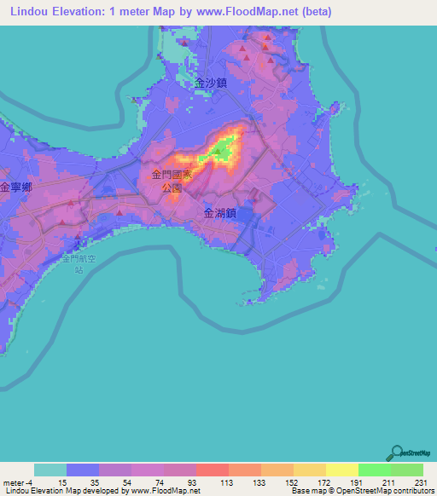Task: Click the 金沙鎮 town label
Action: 210,84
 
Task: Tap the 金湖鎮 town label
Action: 220,216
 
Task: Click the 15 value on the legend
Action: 62,482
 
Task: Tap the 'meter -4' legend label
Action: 15,482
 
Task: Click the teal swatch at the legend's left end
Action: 50,470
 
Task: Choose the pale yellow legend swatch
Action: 341,470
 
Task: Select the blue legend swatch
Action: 83,470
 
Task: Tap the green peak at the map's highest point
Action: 218,153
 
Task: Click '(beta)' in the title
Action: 314,12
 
